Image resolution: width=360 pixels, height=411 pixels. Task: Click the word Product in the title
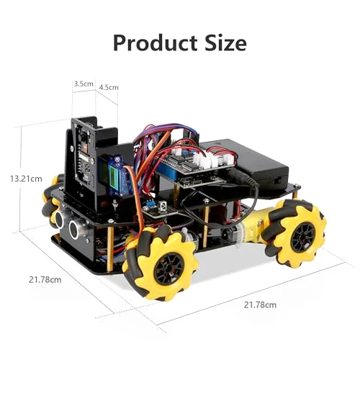[155, 43]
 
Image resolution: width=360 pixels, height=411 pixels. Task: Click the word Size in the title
[225, 42]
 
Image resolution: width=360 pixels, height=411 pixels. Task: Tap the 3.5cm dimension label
[84, 84]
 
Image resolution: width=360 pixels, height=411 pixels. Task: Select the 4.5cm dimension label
[109, 87]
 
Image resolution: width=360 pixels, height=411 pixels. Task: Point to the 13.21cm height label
[26, 179]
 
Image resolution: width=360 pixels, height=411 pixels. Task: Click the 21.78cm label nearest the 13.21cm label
[45, 280]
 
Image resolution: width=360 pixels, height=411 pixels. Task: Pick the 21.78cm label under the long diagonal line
[260, 305]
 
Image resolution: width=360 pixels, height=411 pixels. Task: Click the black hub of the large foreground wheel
[168, 269]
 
